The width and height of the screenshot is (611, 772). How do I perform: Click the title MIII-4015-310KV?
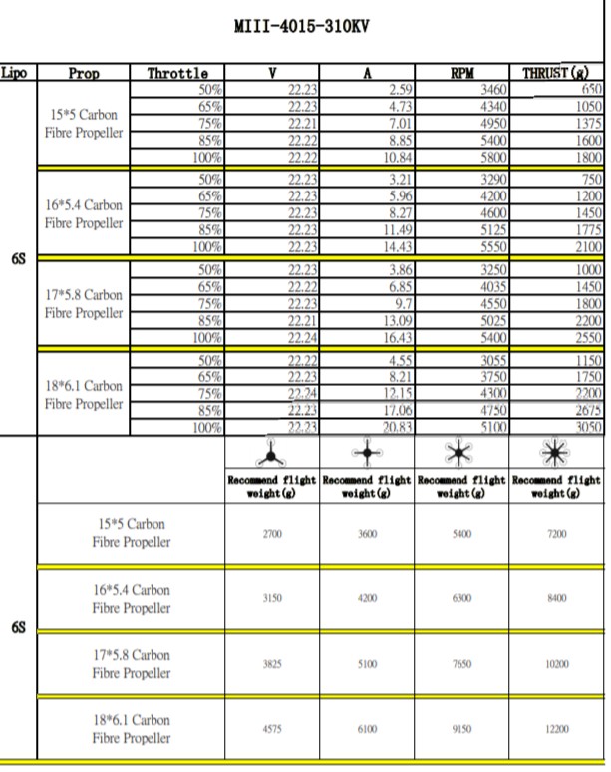click(300, 26)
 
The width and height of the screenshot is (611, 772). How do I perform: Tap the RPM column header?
click(461, 73)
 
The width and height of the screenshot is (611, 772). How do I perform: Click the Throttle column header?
click(177, 73)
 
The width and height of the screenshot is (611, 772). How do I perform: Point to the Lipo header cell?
click(15, 73)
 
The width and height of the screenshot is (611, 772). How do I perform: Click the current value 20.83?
click(395, 427)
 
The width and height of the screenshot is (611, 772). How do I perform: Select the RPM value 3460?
click(493, 90)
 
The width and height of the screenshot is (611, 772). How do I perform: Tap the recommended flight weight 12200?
click(557, 730)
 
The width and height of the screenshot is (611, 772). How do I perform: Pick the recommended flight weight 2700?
click(271, 535)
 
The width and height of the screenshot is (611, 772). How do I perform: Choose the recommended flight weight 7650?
click(461, 665)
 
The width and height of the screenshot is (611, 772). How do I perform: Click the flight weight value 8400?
click(557, 599)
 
